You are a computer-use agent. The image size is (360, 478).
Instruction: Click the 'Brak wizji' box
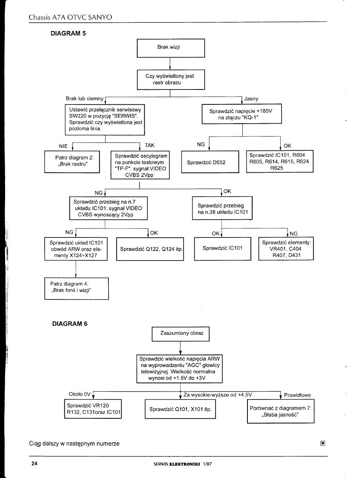[171, 48]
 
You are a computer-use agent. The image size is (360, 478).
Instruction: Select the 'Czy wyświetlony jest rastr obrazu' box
[171, 79]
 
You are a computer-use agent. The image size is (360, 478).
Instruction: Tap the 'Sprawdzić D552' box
[210, 162]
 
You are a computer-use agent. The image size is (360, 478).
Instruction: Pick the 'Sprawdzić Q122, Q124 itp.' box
[150, 249]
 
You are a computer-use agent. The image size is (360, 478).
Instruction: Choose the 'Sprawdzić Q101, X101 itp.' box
[180, 409]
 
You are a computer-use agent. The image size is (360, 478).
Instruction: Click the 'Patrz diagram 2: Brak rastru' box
[72, 162]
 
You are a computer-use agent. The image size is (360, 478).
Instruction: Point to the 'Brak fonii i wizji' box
[76, 288]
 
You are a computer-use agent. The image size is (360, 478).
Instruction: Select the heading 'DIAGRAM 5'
[68, 33]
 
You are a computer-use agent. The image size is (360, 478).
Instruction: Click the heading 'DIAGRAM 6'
[70, 324]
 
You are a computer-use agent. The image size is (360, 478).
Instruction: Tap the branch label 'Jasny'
[251, 99]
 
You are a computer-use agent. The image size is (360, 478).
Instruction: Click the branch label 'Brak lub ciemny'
[84, 99]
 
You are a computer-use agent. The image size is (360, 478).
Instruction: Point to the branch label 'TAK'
[149, 145]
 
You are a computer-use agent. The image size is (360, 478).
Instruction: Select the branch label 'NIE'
[63, 146]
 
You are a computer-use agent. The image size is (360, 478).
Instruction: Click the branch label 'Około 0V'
[80, 394]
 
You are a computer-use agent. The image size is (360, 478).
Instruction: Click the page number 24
[35, 463]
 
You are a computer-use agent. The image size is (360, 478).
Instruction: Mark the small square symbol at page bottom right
[323, 443]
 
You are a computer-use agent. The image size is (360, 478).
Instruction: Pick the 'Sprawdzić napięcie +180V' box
[241, 114]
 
